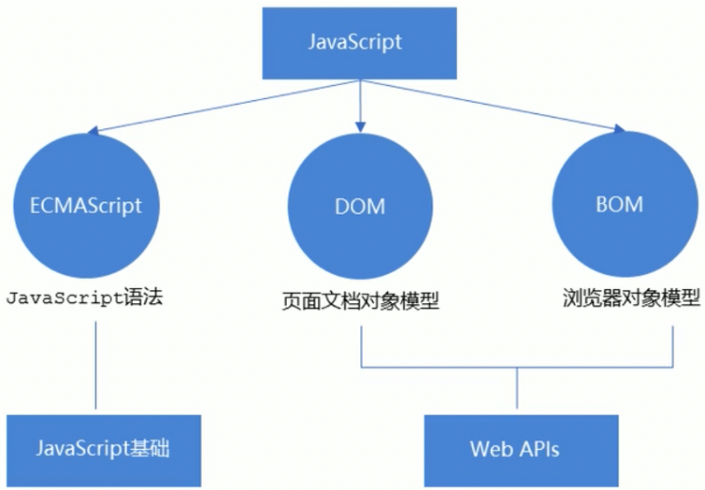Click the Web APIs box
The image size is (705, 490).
click(515, 449)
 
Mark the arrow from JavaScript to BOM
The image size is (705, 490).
click(486, 105)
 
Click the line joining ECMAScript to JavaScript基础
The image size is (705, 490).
click(96, 365)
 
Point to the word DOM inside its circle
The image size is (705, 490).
click(360, 206)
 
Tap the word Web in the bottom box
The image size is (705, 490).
click(491, 449)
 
